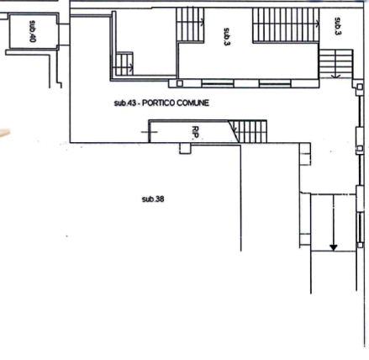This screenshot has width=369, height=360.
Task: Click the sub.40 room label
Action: click(33, 31)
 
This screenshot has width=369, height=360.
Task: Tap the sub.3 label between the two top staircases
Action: click(227, 37)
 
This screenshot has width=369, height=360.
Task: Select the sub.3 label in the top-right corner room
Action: click(338, 26)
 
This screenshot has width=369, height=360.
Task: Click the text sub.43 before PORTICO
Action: click(125, 103)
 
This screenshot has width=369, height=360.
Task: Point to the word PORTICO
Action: click(159, 103)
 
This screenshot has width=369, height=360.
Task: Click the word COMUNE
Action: click(193, 103)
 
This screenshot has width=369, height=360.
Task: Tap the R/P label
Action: click(195, 132)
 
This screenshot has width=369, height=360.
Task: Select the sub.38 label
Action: click(153, 199)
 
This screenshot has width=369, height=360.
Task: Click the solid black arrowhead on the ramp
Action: click(334, 248)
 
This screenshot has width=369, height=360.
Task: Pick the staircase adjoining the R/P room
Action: click(247, 131)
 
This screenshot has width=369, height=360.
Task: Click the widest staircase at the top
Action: click(286, 25)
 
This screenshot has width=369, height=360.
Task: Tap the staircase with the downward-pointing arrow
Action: click(336, 64)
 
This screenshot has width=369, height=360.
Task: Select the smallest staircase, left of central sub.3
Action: click(124, 64)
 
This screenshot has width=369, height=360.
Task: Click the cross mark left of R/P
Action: click(150, 132)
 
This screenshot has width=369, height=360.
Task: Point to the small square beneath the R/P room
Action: click(185, 148)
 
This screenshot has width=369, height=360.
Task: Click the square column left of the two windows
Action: click(180, 83)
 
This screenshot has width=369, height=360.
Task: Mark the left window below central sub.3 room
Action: click(218, 83)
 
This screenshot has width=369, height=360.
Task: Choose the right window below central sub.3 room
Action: click(275, 83)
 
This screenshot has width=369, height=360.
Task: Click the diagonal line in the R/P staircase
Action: click(234, 131)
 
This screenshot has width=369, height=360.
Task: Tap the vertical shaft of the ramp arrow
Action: click(334, 220)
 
